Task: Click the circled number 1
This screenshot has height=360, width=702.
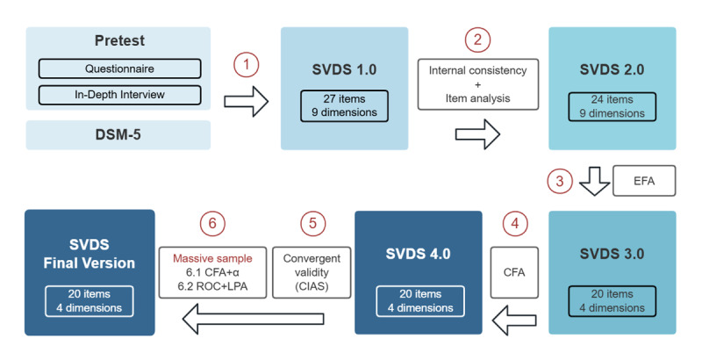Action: [246, 64]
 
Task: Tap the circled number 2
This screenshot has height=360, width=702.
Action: [477, 40]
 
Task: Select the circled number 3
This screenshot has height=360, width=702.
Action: [560, 181]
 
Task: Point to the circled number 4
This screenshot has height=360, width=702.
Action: [515, 223]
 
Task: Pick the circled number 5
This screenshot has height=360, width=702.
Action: [312, 223]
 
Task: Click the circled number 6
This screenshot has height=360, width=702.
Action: [212, 223]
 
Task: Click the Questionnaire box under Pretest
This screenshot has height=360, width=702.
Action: [119, 68]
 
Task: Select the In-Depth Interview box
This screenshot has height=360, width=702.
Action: [119, 95]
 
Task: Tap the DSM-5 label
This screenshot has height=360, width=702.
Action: [118, 134]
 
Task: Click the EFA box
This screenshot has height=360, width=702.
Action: [644, 181]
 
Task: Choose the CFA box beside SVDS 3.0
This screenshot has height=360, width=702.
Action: [514, 272]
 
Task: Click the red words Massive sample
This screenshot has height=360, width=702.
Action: [212, 258]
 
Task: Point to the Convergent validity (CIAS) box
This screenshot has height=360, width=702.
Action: [312, 272]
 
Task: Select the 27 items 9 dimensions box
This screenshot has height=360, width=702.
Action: [344, 106]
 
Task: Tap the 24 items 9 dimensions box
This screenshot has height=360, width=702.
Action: [612, 106]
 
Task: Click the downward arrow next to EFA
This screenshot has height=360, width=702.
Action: [595, 182]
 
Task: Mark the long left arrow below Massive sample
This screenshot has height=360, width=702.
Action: [253, 319]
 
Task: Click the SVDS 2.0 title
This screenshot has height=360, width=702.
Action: [612, 69]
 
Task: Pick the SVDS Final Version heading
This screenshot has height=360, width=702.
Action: [90, 254]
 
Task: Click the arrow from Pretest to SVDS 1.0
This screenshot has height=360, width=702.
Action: [246, 102]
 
